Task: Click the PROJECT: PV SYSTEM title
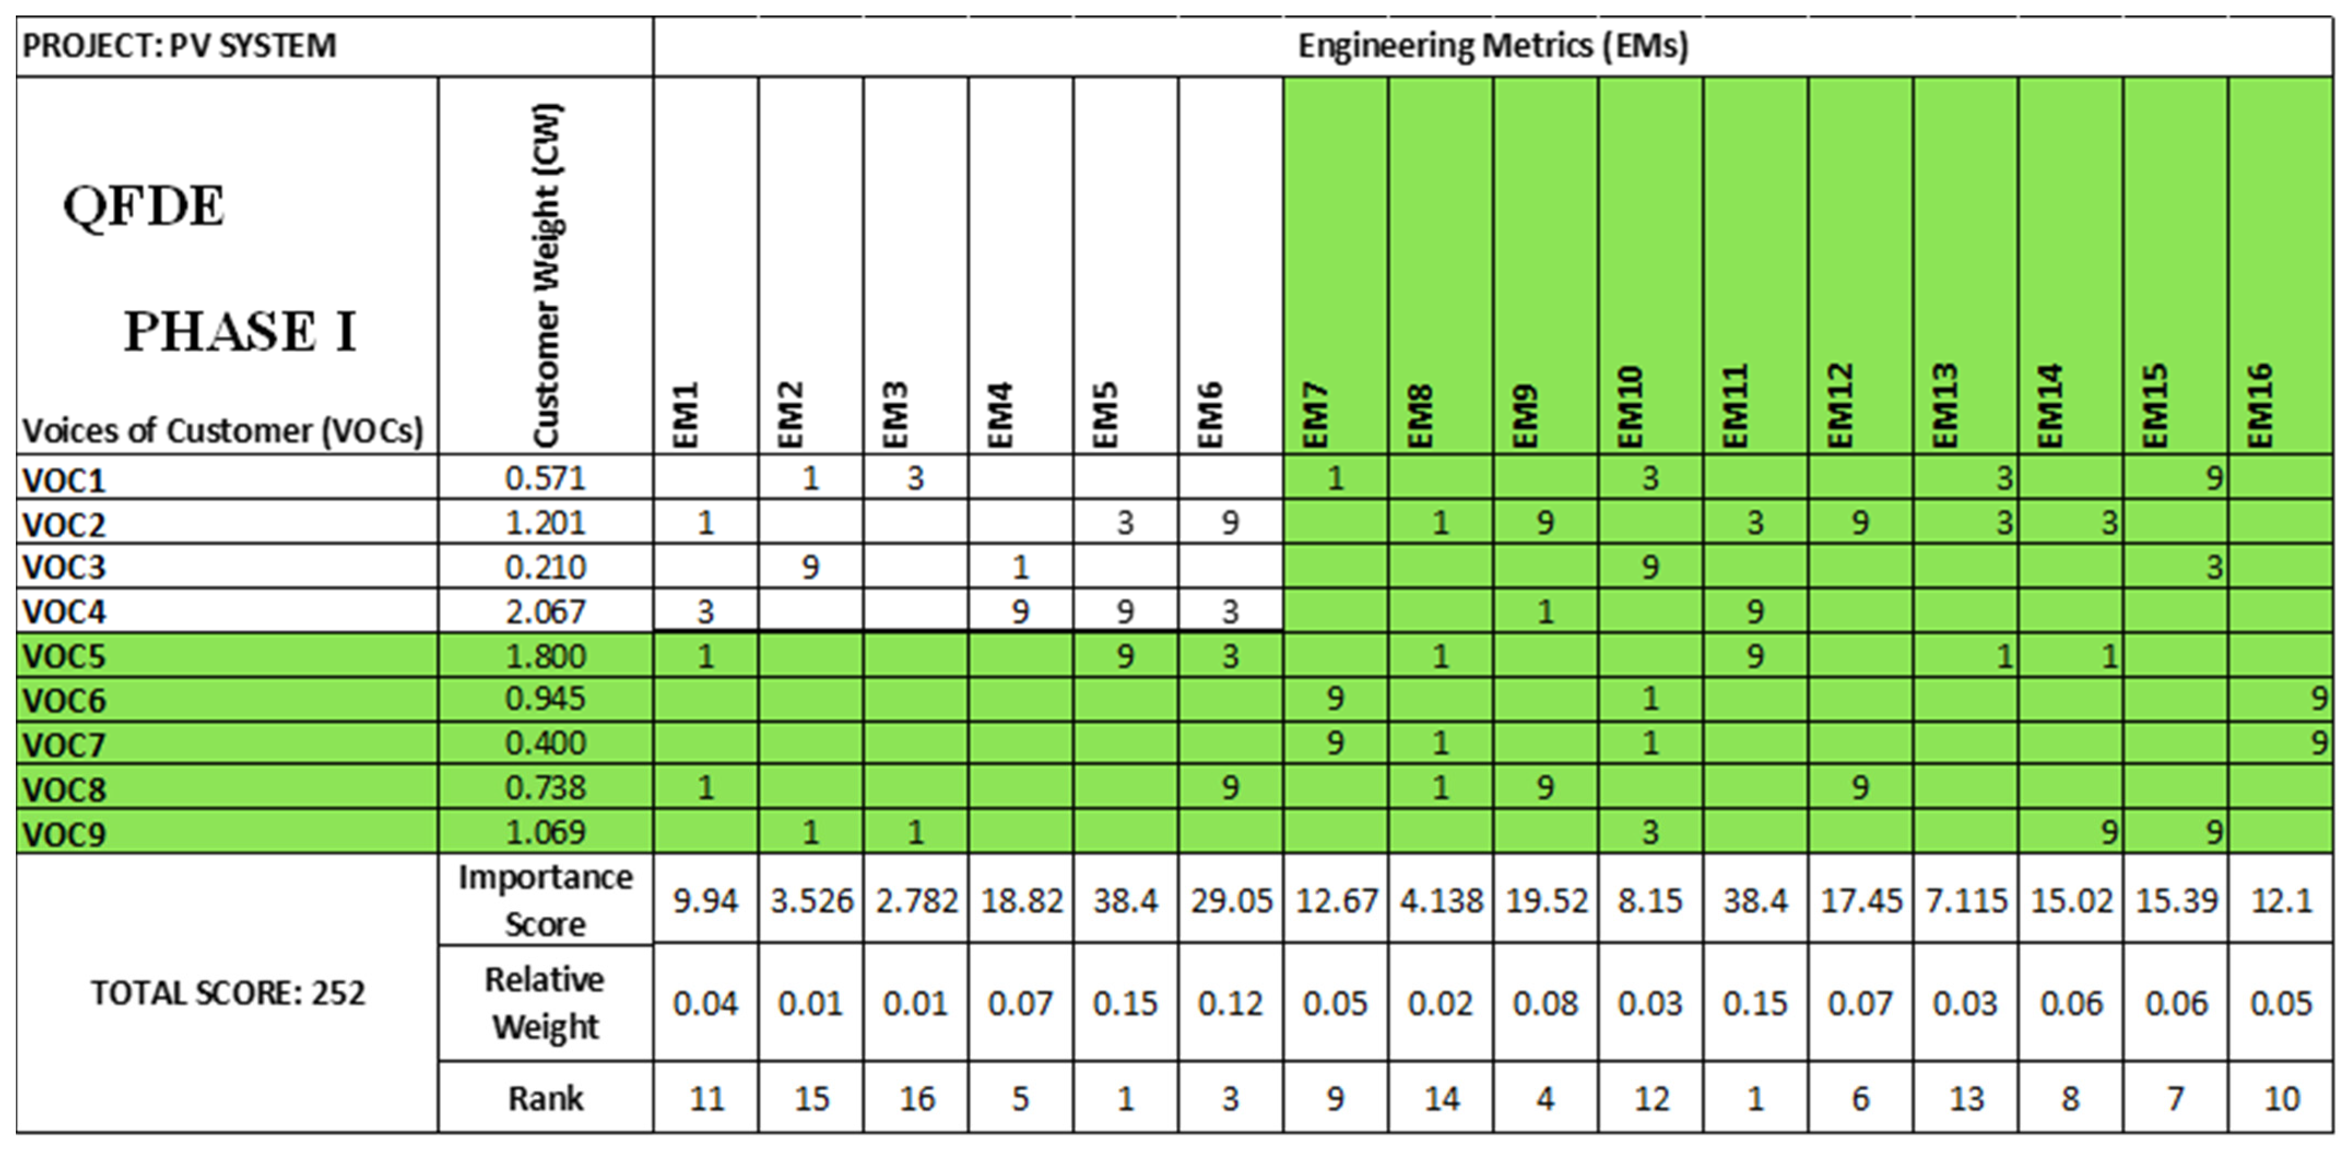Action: tap(180, 45)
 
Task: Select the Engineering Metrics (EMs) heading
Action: tap(1493, 45)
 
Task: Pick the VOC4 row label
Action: tap(64, 612)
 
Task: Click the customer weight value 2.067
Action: tap(545, 612)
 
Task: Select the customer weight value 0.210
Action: tap(545, 567)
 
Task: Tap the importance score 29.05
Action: tap(1230, 900)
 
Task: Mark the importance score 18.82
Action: tap(1021, 900)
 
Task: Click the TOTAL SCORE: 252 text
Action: tap(228, 993)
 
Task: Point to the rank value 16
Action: tap(916, 1098)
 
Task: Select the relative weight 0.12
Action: tap(1230, 1003)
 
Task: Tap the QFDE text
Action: tap(143, 206)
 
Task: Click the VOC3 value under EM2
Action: tap(810, 567)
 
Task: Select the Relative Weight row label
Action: tap(545, 1002)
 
